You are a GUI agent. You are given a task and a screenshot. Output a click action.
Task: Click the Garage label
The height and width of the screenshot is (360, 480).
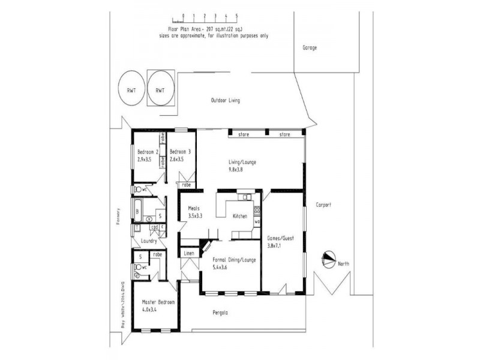pyautogui.click(x=310, y=47)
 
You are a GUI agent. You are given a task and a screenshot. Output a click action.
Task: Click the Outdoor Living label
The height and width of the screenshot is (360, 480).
pyautogui.click(x=225, y=100)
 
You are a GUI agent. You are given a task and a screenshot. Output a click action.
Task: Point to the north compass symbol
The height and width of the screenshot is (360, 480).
pyautogui.click(x=329, y=259)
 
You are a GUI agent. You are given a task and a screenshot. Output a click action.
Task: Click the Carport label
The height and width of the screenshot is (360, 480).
pyautogui.click(x=324, y=205)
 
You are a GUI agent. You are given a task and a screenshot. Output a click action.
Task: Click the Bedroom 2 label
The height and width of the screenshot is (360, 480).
pyautogui.click(x=147, y=152)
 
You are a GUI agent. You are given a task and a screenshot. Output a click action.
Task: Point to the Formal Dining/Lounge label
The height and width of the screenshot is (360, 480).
pyautogui.click(x=234, y=260)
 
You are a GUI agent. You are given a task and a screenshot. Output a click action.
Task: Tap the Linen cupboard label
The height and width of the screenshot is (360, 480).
pyautogui.click(x=189, y=254)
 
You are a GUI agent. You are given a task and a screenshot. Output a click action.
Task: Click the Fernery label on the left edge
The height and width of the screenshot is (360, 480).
pyautogui.click(x=119, y=218)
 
